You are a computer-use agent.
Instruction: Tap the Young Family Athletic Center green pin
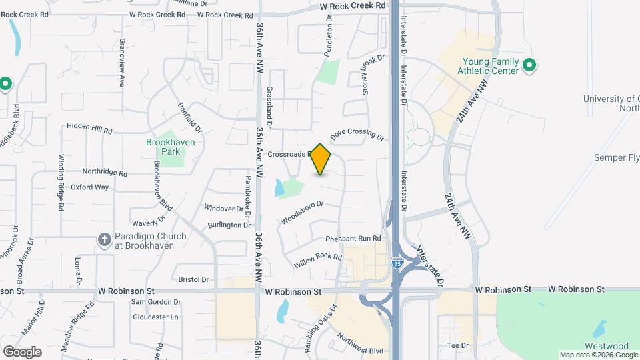(x=529, y=65)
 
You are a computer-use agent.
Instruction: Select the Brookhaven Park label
(x=163, y=147)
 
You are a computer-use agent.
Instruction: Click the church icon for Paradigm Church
(x=103, y=239)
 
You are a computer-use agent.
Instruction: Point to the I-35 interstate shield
(x=397, y=265)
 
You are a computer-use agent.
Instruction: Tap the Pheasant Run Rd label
(x=353, y=239)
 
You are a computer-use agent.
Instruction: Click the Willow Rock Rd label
(x=318, y=257)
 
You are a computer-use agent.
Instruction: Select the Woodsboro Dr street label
(x=302, y=213)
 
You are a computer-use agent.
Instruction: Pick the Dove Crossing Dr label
(x=357, y=135)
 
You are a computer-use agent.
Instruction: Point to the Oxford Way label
(x=89, y=187)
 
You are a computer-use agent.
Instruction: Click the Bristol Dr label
(x=193, y=279)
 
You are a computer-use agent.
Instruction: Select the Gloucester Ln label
(x=155, y=317)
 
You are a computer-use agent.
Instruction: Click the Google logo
(x=22, y=351)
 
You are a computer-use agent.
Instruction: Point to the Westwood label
(x=607, y=347)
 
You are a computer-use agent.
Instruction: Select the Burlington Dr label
(x=228, y=225)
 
